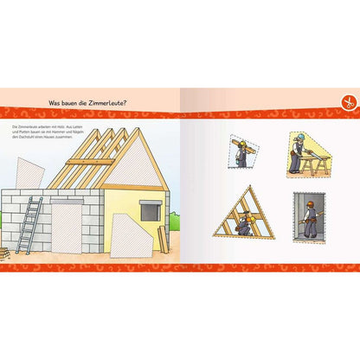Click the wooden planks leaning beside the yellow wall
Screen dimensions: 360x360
(163, 238)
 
